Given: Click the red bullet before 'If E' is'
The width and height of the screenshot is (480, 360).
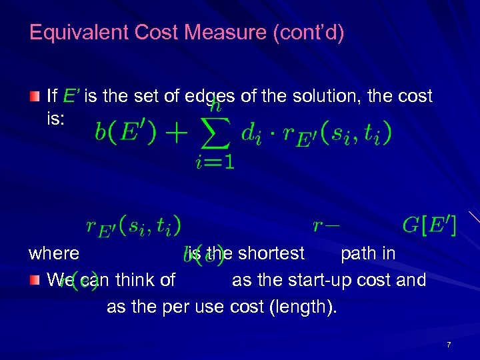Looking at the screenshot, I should [34, 97].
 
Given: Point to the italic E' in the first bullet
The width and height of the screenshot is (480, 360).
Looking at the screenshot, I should [72, 97].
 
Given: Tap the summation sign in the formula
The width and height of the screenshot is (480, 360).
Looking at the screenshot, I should [215, 133].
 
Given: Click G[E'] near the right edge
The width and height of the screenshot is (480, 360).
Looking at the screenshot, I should [429, 226].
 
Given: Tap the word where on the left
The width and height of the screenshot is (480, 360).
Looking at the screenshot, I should [54, 253].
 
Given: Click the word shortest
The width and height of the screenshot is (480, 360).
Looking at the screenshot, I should [271, 253].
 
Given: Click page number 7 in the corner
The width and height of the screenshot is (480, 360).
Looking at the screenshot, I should [449, 345].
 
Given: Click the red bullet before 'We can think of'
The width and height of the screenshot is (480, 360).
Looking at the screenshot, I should [34, 281].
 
